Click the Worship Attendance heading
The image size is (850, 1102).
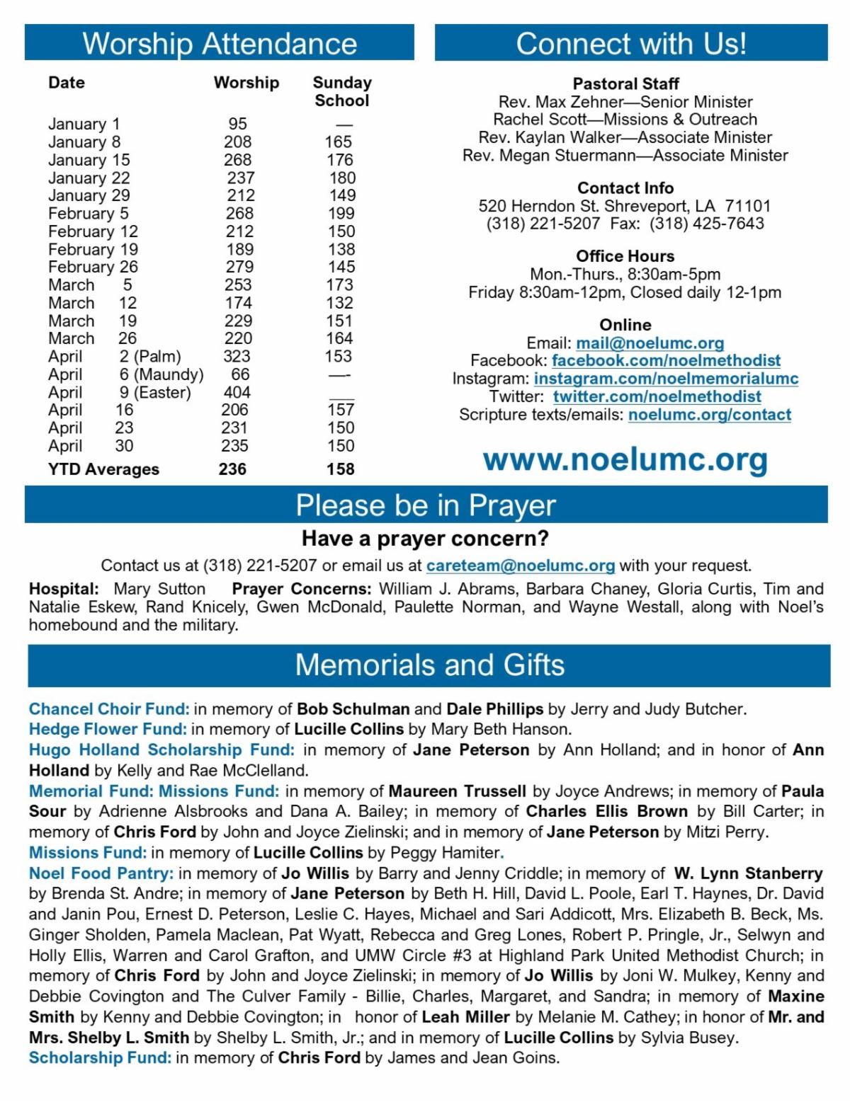tap(220, 43)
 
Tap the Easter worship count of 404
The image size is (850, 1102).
tap(237, 392)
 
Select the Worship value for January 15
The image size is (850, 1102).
tap(238, 160)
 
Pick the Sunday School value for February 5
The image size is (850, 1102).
tap(341, 213)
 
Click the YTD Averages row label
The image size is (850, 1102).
tap(103, 469)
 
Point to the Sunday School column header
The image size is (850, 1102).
tap(342, 91)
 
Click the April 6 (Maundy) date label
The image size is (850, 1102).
tap(125, 374)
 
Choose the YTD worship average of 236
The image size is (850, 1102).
tap(232, 469)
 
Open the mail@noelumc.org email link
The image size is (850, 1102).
tap(650, 343)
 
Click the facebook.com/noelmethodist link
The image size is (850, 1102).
tap(666, 361)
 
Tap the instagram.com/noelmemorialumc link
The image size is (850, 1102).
tap(666, 379)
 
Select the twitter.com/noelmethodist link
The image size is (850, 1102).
tap(657, 396)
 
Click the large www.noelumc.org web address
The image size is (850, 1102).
tap(625, 459)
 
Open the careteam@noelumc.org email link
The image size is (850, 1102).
tap(521, 566)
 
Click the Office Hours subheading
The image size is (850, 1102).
tap(625, 256)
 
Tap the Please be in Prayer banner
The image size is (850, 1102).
tap(426, 505)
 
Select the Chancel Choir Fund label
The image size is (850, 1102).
tap(109, 708)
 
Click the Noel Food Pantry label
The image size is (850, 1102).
tap(101, 873)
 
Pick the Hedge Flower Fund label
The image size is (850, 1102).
tap(108, 729)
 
